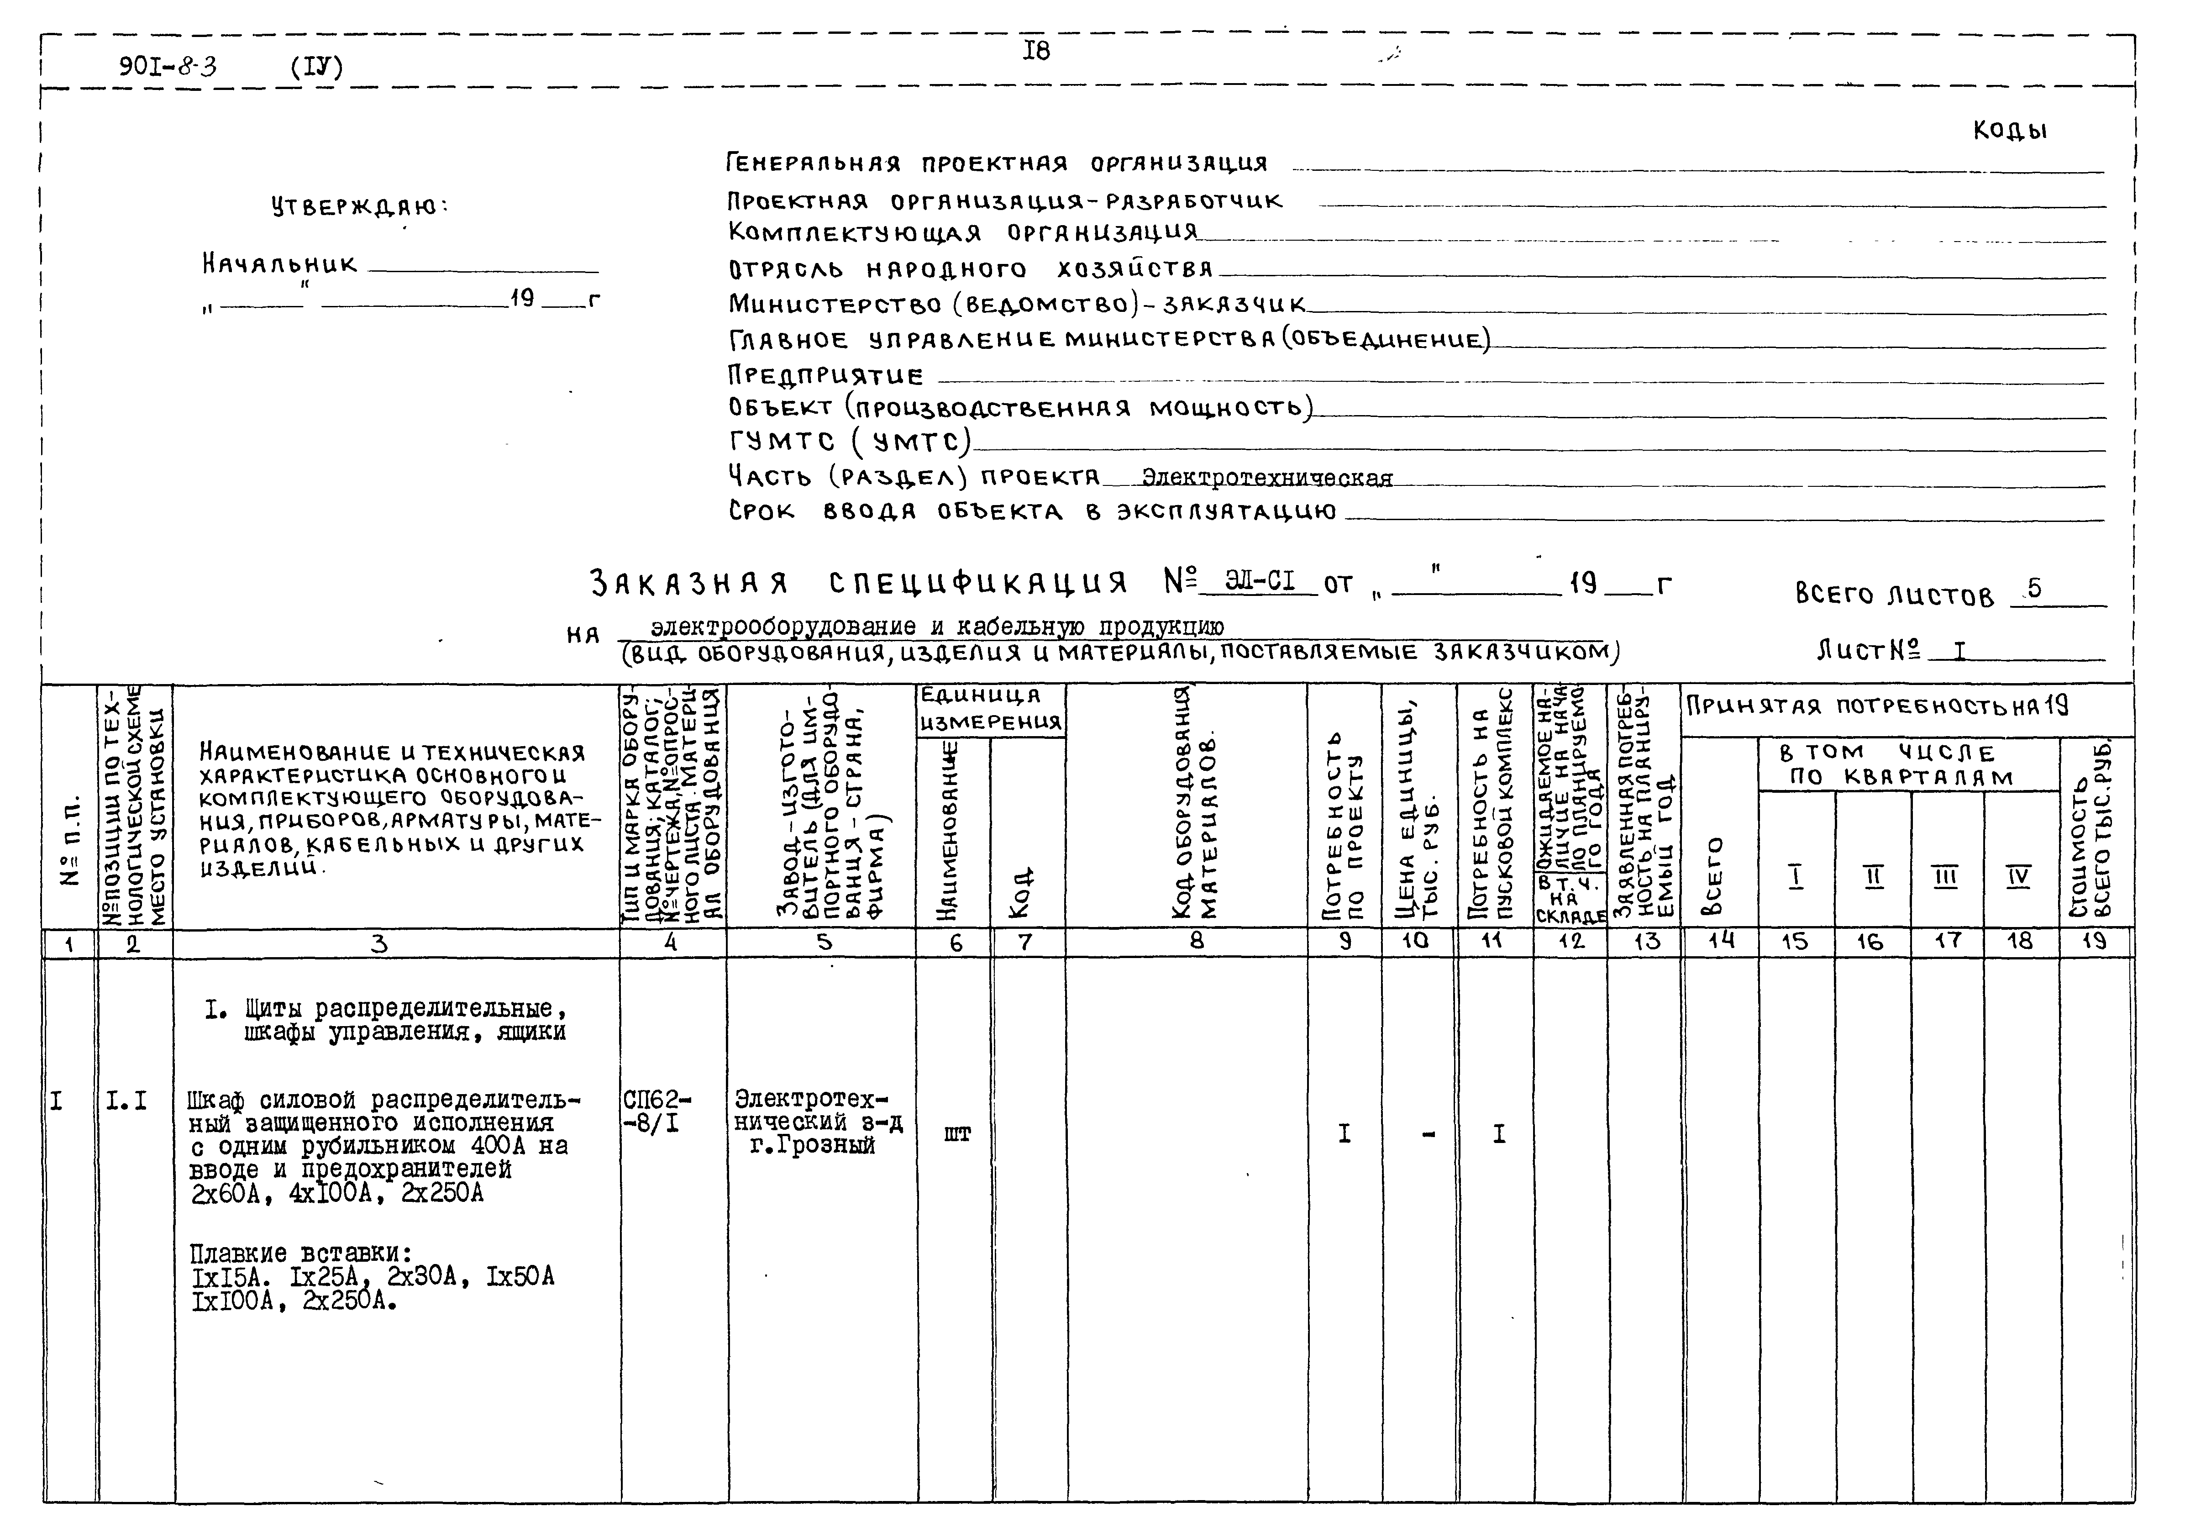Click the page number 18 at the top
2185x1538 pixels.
point(1036,50)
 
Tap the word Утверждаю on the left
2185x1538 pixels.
point(359,206)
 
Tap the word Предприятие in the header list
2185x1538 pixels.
point(825,375)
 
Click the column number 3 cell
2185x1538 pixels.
point(379,943)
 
